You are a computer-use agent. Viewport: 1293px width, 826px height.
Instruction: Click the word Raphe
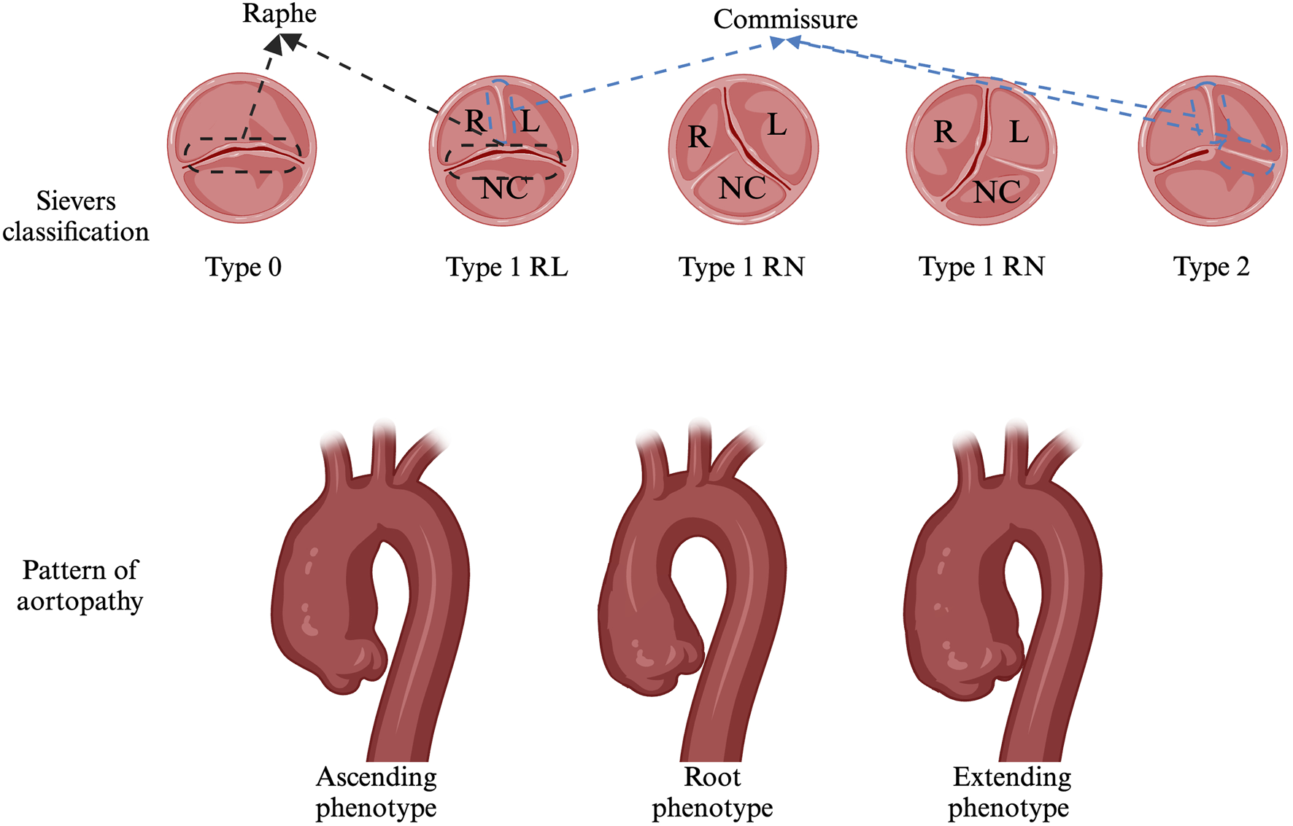point(279,14)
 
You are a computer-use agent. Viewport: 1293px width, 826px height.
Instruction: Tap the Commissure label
point(785,20)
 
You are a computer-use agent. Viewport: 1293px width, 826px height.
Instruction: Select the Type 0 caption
point(243,268)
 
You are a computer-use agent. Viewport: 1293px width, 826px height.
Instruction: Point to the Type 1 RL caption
point(506,268)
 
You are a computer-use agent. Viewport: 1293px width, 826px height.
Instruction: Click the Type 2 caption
point(1211,267)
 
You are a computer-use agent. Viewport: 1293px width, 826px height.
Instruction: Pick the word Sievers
point(76,201)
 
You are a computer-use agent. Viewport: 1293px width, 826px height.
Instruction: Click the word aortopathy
point(80,601)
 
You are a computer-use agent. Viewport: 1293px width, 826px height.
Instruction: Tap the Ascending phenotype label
point(376,792)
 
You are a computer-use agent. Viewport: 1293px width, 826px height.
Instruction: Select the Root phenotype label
point(712,792)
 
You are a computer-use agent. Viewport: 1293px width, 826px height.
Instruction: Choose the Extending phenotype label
point(1011,792)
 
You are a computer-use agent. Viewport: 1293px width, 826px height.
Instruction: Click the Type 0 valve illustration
point(242,148)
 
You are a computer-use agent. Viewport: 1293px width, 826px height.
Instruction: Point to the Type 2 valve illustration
point(1212,151)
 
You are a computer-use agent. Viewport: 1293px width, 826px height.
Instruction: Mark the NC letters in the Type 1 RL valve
point(504,189)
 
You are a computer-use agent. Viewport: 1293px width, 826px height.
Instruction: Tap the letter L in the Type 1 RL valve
point(530,121)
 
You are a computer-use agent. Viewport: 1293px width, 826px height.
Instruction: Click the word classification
point(76,232)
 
